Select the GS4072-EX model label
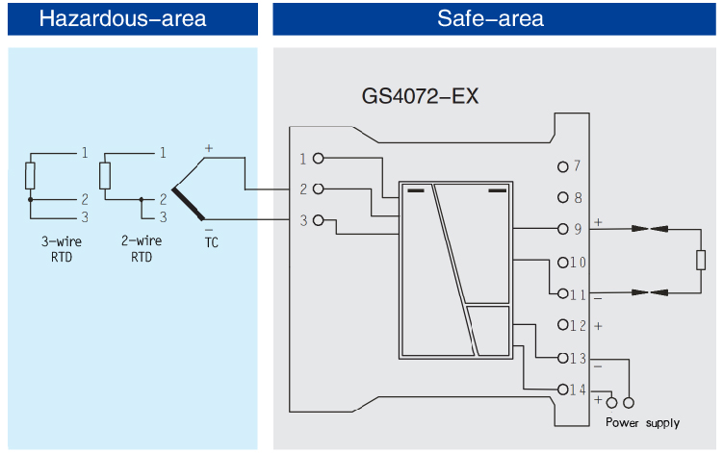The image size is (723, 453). pos(420,97)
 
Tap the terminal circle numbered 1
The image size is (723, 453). pos(318,159)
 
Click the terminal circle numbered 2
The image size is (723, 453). pos(318,189)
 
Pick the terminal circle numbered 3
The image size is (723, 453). pos(318,220)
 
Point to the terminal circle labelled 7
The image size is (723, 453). pos(563,166)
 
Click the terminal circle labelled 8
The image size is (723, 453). pos(563,198)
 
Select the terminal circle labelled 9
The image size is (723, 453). pos(563,230)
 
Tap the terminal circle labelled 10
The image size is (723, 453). pos(563,263)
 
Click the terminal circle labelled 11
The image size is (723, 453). pos(563,294)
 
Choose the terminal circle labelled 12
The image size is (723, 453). pos(563,326)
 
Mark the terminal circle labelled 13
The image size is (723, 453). pos(563,358)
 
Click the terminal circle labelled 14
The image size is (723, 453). pos(563,390)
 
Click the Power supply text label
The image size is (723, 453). pos(642,423)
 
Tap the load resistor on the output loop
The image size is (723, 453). pos(700,261)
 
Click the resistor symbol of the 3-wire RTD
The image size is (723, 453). pos(30,176)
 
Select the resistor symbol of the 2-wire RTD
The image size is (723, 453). pos(105,176)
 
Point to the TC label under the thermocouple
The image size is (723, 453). pos(211,242)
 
